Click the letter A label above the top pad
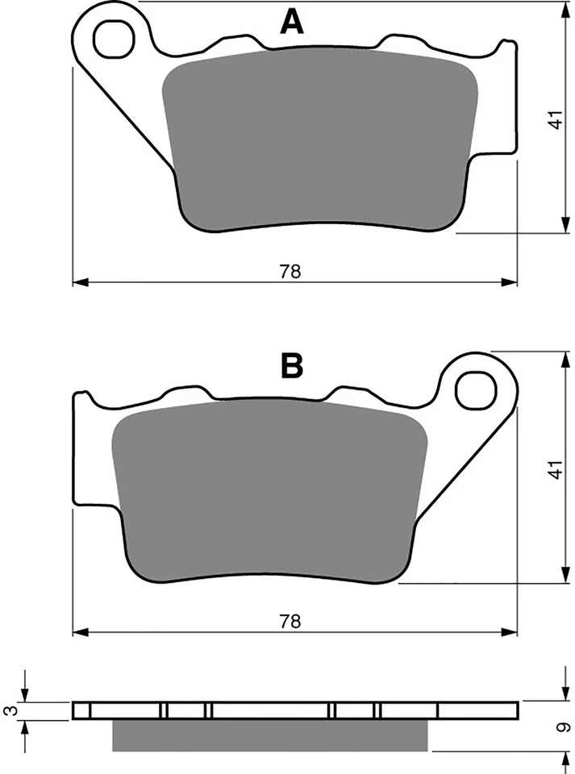click(x=292, y=22)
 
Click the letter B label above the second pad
click(x=291, y=366)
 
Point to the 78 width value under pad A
click(x=290, y=272)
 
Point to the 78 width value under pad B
click(x=290, y=621)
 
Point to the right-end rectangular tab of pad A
click(x=506, y=97)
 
